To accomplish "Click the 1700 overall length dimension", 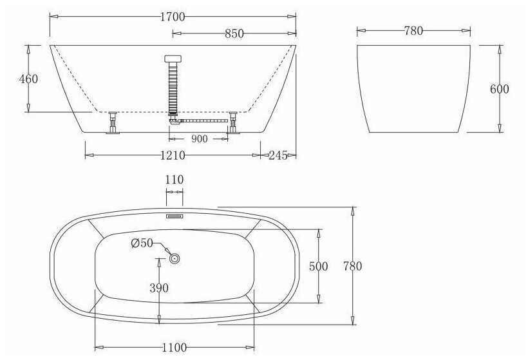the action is pos(173,17).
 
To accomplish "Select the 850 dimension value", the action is pos(234,33).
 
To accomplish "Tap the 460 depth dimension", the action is pos(28,79).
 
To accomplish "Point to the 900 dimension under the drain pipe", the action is pos(200,138).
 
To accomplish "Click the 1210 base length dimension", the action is pos(173,155).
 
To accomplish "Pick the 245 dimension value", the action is pos(278,155).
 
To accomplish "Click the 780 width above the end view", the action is pos(413,31).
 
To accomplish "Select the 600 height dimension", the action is pos(500,89).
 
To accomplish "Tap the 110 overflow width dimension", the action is pos(174,180).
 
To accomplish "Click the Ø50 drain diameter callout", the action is pos(142,243).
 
